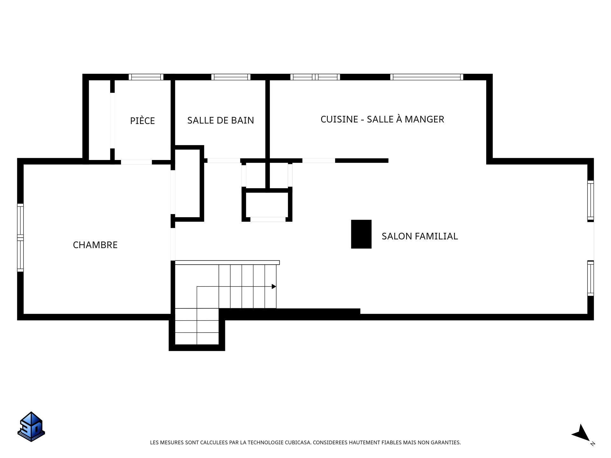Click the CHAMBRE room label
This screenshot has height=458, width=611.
tap(95, 245)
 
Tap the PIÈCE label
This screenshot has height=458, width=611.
tap(142, 121)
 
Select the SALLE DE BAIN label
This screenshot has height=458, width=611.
tap(221, 120)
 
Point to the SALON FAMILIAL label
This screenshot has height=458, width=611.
tap(420, 236)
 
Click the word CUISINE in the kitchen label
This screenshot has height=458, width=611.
tap(339, 119)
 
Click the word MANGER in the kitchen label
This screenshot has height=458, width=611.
tap(425, 119)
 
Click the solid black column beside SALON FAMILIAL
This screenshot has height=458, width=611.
tap(361, 234)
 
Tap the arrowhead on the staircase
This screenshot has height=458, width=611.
tap(274, 287)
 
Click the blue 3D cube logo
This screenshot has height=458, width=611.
tap(31, 427)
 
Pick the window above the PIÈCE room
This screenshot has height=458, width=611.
tap(146, 77)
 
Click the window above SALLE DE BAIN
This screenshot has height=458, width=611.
tap(231, 77)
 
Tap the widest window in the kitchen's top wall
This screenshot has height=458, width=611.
tap(426, 77)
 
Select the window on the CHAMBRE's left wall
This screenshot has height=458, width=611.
tap(20, 238)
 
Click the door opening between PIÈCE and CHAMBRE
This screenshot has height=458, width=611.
tap(136, 162)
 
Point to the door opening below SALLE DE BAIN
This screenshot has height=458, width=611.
tap(224, 161)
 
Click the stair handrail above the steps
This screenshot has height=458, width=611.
tap(227, 262)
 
